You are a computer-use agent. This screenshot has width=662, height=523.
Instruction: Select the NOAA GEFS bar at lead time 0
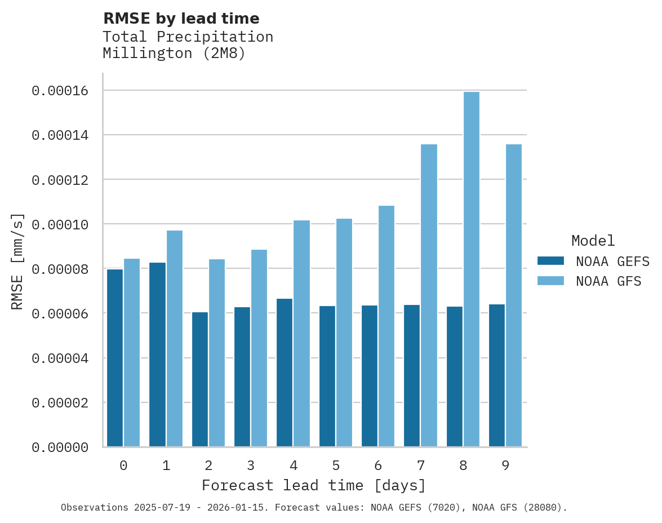(x=115, y=358)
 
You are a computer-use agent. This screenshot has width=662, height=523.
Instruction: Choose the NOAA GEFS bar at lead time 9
(x=497, y=375)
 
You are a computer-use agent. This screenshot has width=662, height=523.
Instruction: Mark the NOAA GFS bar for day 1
(x=174, y=338)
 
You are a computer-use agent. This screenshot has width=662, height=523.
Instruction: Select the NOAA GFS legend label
(x=608, y=281)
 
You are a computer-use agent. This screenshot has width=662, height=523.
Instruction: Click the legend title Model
(x=593, y=241)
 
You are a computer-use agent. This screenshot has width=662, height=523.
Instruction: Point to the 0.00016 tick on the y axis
(x=60, y=91)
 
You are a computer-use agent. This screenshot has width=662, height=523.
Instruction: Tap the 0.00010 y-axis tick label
(x=60, y=224)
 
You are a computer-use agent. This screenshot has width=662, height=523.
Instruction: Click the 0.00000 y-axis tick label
(x=60, y=447)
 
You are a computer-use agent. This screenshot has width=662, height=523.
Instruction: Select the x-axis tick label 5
(x=336, y=466)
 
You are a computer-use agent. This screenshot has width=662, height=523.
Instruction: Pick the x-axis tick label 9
(x=505, y=466)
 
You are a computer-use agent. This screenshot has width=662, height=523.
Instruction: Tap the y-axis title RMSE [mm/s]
(x=17, y=261)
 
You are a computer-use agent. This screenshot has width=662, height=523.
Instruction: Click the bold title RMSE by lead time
(x=181, y=19)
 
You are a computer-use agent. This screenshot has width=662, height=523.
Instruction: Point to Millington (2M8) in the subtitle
(x=174, y=54)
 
